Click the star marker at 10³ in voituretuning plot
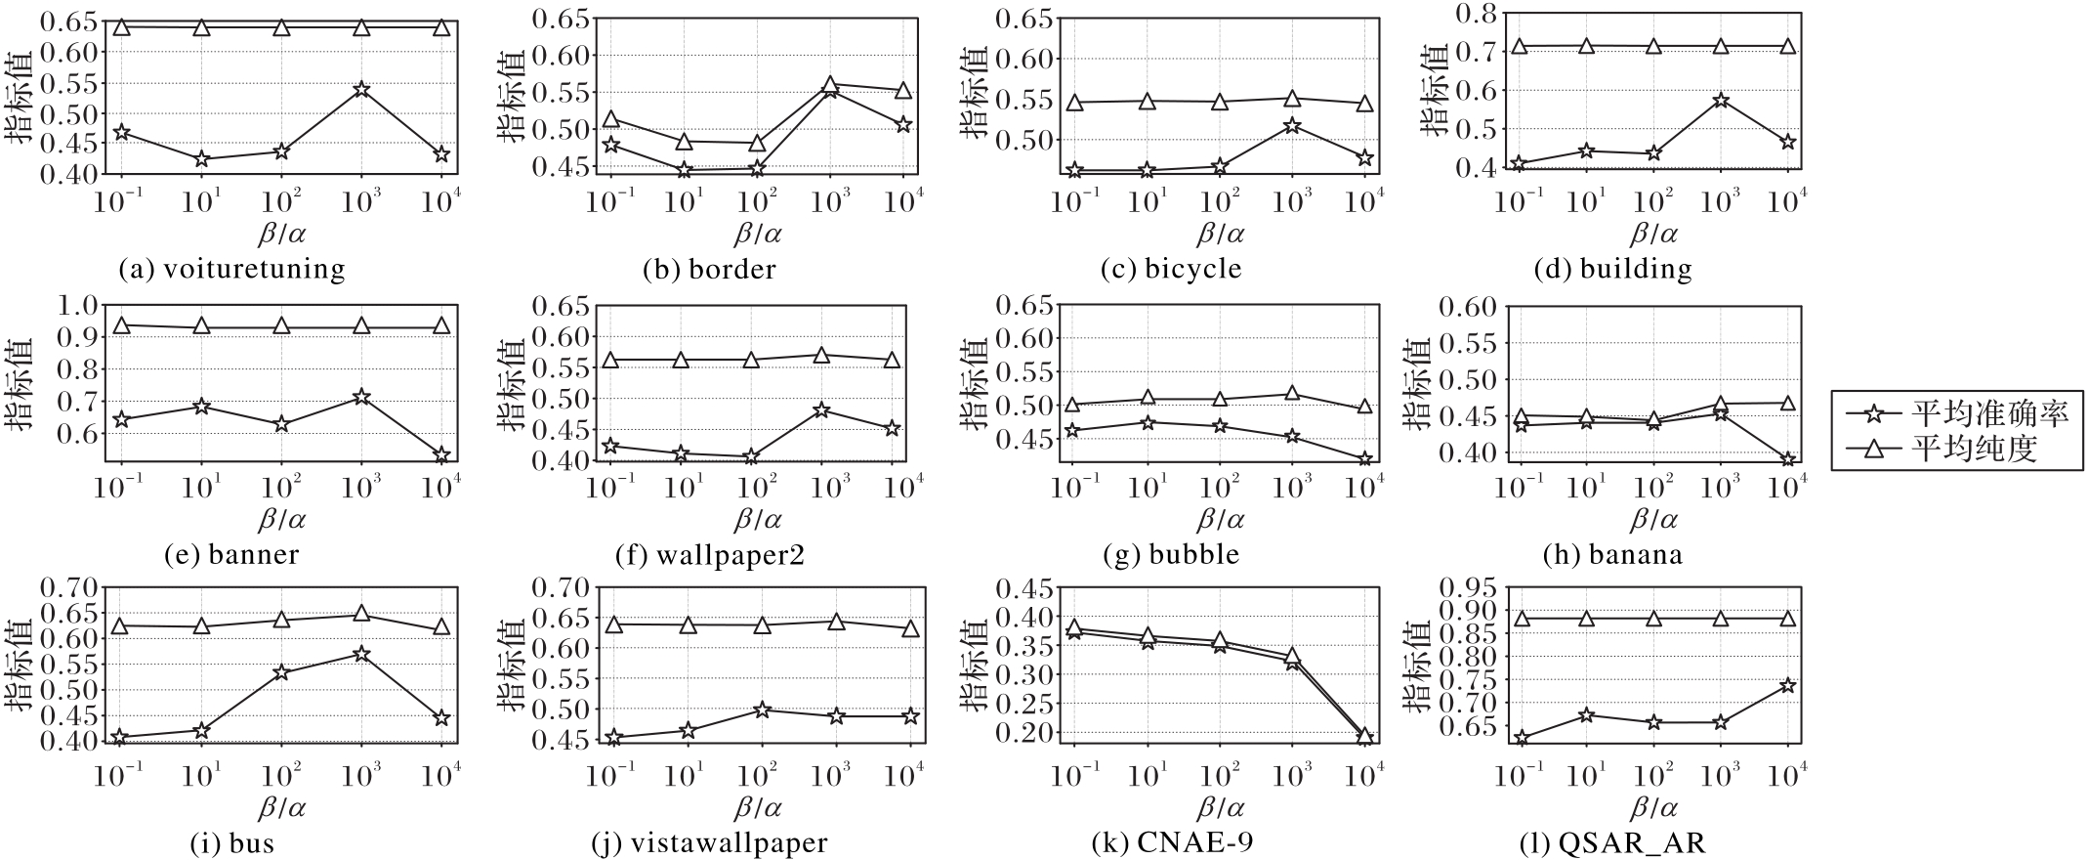coord(361,90)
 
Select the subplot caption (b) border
coord(709,270)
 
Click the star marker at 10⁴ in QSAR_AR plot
coord(1787,686)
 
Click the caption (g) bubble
coord(1171,555)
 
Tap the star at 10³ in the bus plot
coord(361,654)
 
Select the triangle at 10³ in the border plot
coord(830,86)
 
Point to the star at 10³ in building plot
coord(1721,101)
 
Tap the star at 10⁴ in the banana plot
coord(1787,460)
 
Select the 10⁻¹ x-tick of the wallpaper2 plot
coord(610,486)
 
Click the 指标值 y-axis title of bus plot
coord(21,665)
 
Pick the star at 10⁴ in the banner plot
coord(441,455)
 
